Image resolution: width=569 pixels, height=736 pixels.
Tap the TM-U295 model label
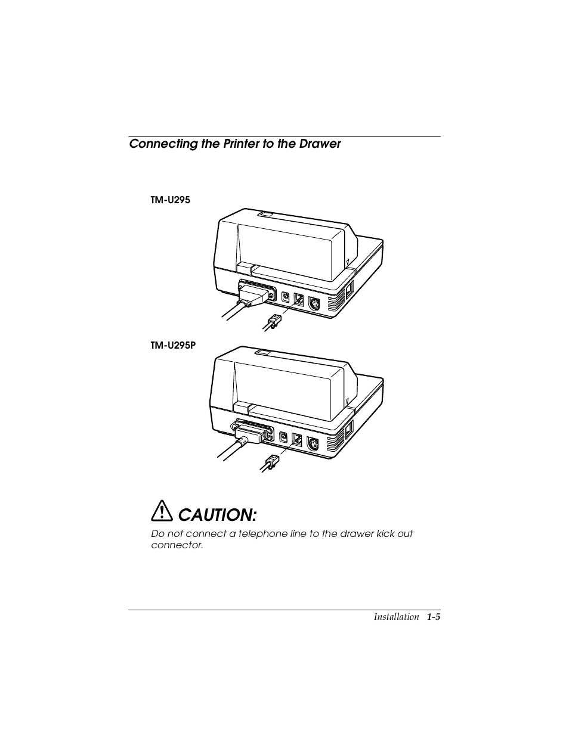170,200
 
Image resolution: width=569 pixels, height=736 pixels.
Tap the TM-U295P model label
173,345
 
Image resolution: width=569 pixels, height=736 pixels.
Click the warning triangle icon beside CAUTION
161,512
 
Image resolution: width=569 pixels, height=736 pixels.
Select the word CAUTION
218,514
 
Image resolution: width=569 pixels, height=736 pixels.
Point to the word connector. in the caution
177,545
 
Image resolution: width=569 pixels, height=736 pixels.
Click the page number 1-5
433,617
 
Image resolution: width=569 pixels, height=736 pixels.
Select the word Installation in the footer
396,617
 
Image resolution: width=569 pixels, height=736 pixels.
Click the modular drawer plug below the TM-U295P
271,462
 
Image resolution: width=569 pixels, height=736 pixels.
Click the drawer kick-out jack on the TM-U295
299,300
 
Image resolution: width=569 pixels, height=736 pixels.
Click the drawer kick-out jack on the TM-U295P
296,440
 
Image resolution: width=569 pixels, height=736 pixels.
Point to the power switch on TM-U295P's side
349,428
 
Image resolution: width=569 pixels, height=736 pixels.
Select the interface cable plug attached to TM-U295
255,296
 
